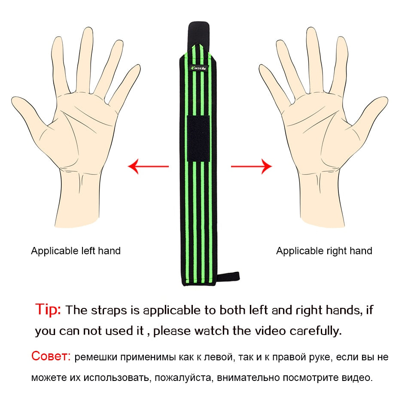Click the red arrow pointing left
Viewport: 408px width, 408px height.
[148, 166]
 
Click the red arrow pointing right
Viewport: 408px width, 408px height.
[251, 166]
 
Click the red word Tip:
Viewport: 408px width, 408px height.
[48, 310]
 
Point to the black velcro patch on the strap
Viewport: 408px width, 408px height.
[198, 139]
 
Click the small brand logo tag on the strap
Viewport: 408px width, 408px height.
[199, 68]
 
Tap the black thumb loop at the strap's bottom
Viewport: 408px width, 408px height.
[228, 277]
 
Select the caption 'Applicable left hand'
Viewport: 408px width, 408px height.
[76, 251]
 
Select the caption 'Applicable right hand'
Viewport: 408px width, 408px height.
[324, 251]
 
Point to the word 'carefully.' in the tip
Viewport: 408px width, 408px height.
[315, 331]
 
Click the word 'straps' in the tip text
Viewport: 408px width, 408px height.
[109, 311]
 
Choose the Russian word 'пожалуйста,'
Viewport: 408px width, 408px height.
[184, 378]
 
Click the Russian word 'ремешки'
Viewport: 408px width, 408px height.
[96, 357]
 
